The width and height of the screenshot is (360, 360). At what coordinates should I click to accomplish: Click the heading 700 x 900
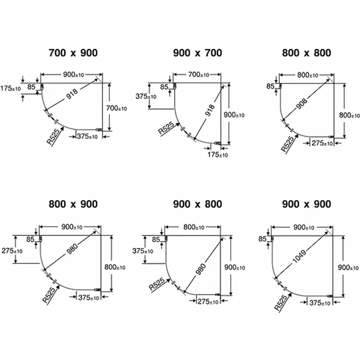click(73, 53)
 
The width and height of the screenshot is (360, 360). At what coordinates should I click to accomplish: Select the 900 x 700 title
click(197, 53)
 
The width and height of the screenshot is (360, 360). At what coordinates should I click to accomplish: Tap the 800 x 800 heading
click(307, 53)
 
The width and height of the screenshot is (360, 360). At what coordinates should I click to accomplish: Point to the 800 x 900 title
click(73, 204)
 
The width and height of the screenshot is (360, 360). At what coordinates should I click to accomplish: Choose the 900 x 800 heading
click(197, 204)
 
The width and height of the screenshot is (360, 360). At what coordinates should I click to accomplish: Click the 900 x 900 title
click(307, 204)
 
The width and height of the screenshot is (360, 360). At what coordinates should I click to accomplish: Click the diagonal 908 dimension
click(302, 103)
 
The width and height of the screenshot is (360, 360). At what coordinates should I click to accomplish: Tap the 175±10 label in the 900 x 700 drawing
click(218, 155)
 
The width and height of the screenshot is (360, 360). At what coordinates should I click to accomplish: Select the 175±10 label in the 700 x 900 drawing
click(10, 88)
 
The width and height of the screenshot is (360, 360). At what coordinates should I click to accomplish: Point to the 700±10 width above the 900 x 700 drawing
click(199, 75)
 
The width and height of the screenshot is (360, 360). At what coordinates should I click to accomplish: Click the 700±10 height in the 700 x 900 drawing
click(117, 108)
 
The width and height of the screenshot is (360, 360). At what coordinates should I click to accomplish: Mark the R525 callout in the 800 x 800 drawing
click(287, 144)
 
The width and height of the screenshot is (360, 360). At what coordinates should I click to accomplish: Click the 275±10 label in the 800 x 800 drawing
click(322, 143)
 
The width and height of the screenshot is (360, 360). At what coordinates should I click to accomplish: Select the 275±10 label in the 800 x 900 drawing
click(12, 251)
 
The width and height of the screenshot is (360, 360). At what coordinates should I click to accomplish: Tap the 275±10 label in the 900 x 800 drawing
click(208, 301)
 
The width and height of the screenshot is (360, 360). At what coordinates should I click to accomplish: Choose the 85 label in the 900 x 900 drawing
click(262, 239)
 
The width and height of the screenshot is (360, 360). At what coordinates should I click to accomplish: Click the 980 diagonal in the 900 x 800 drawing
click(201, 269)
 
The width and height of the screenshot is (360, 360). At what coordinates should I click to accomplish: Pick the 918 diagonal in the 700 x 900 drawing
click(72, 94)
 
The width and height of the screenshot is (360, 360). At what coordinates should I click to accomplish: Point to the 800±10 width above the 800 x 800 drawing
click(308, 75)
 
